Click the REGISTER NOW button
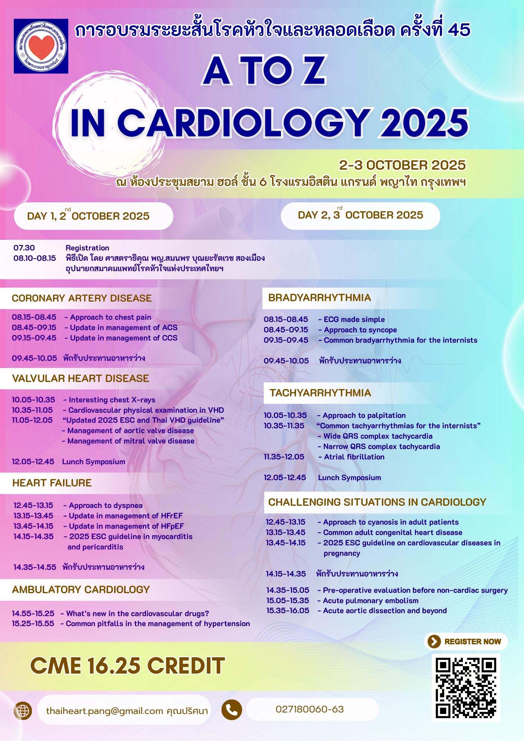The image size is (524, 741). (x=466, y=642)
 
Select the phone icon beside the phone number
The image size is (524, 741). (x=232, y=710)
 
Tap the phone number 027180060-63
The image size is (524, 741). (x=309, y=709)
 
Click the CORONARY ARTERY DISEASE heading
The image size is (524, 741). (x=82, y=298)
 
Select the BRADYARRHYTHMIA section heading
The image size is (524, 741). (x=319, y=298)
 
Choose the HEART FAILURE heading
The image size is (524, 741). (x=52, y=483)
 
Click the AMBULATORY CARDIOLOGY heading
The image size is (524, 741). (x=81, y=589)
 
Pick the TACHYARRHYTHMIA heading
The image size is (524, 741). (x=320, y=393)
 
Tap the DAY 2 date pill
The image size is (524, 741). (x=360, y=215)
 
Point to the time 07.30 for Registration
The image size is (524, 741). (x=24, y=248)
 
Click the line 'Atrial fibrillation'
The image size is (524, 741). (x=354, y=457)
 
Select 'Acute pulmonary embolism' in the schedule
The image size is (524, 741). (x=370, y=601)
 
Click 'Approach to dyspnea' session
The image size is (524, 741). (x=105, y=505)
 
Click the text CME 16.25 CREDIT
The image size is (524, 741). (x=127, y=666)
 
